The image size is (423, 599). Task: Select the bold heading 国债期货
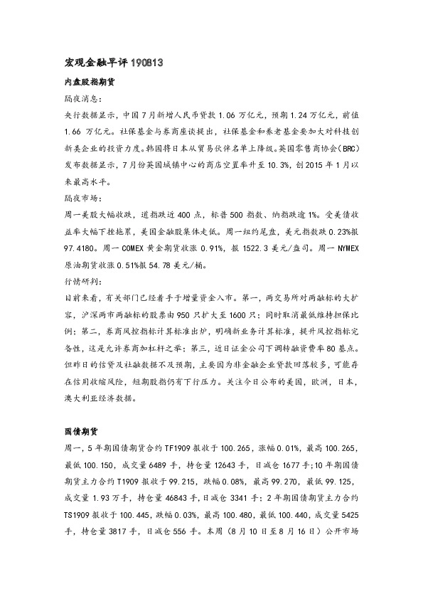tap(75, 432)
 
